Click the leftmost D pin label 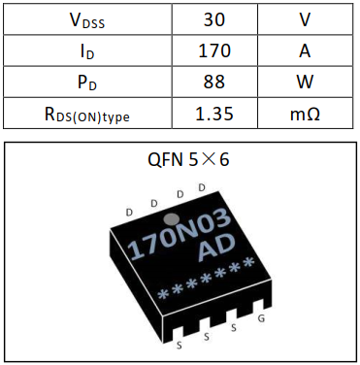click(x=130, y=211)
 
